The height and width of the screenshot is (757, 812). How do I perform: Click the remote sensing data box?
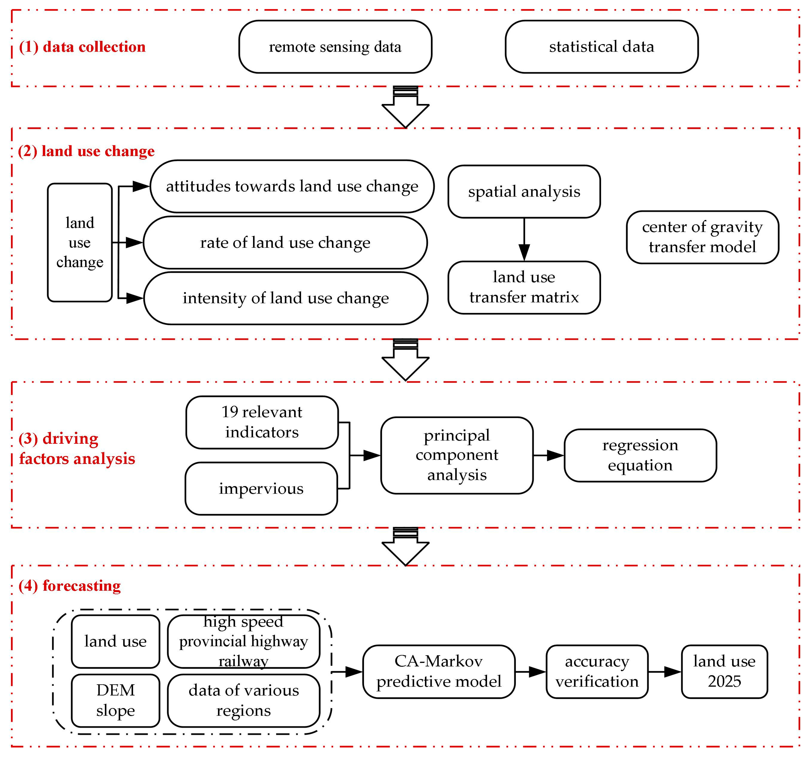pyautogui.click(x=335, y=47)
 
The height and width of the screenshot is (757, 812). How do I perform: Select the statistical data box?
pyautogui.click(x=601, y=47)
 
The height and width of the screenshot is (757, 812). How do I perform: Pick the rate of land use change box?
pyautogui.click(x=285, y=242)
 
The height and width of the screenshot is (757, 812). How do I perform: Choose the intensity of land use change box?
pyautogui.click(x=286, y=298)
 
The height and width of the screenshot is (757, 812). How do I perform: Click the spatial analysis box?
pyautogui.click(x=524, y=191)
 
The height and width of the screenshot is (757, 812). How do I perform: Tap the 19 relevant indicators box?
pyautogui.click(x=262, y=422)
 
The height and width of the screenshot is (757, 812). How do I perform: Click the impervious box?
pyautogui.click(x=261, y=488)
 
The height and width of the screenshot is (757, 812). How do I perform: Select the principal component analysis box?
pyautogui.click(x=457, y=455)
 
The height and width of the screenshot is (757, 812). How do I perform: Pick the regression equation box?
pyautogui.click(x=640, y=455)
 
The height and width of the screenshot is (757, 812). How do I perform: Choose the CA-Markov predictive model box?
pyautogui.click(x=439, y=671)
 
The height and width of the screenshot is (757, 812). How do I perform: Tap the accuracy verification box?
pyautogui.click(x=597, y=671)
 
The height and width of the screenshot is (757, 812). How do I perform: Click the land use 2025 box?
pyautogui.click(x=724, y=671)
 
